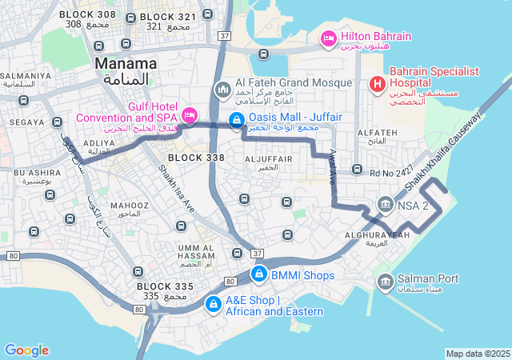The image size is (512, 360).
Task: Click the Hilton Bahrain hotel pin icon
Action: pyautogui.click(x=328, y=38)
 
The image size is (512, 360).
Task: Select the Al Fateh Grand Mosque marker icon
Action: pyautogui.click(x=222, y=88)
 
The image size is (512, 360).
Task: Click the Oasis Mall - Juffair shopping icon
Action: pyautogui.click(x=236, y=121)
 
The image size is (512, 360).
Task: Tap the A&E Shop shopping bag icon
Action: pyautogui.click(x=214, y=305)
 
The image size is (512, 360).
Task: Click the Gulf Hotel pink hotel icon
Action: pyautogui.click(x=190, y=115)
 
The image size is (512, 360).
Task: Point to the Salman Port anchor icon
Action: pyautogui.click(x=385, y=280)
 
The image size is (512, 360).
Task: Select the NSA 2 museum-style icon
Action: pyautogui.click(x=386, y=205)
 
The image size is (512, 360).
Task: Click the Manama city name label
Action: pyautogui.click(x=126, y=63)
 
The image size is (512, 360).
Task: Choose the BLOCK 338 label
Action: pyautogui.click(x=195, y=158)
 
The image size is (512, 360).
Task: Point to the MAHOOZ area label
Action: pyautogui.click(x=125, y=205)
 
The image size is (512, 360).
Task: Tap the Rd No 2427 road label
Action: pyautogui.click(x=391, y=170)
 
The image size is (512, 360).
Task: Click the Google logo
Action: pyautogui.click(x=26, y=350)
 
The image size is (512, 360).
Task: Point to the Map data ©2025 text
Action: pyautogui.click(x=478, y=354)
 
